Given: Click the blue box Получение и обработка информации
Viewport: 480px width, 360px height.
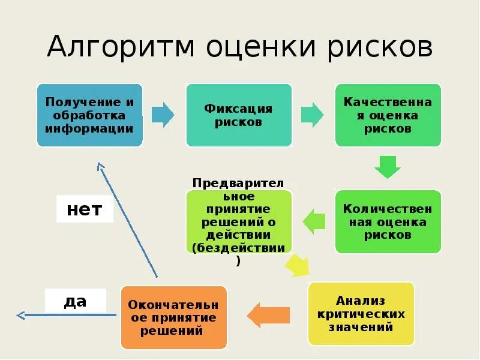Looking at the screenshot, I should pos(89,115).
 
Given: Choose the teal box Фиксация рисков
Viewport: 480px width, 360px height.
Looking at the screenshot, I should pos(239,115).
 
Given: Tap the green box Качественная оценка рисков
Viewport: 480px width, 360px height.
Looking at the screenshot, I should pos(388,115).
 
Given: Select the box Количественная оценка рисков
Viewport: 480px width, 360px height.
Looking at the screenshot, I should pos(388,221).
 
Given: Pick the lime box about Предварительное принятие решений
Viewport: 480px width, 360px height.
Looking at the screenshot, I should pos(239,221).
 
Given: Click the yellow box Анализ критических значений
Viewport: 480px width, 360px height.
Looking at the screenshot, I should pos(361,314).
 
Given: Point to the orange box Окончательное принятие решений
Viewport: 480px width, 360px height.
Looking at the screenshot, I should pos(173,317).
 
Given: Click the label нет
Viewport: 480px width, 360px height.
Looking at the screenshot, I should pos(85,209).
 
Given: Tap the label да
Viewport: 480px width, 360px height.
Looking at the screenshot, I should pos(76,301).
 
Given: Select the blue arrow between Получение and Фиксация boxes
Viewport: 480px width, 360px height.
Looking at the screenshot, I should pos(163,115).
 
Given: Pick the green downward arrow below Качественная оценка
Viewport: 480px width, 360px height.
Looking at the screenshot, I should pos(388,167).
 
